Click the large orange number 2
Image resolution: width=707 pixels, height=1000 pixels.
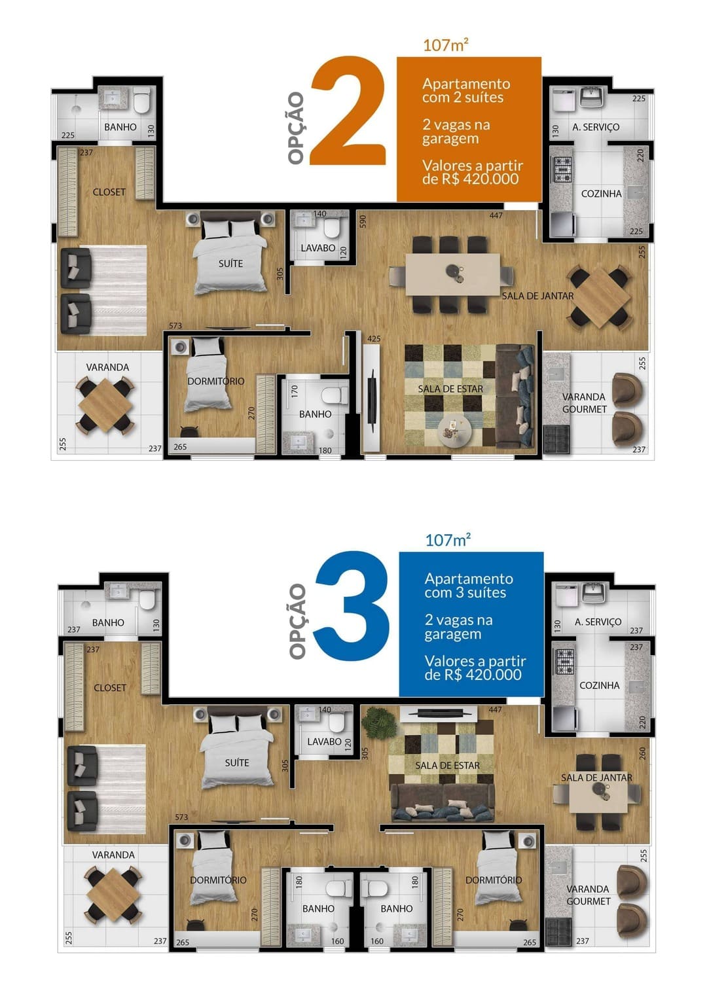348,110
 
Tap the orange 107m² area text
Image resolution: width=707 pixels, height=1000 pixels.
446,45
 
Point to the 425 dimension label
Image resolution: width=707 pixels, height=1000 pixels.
374,339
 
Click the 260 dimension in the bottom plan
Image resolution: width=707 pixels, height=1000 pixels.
642,754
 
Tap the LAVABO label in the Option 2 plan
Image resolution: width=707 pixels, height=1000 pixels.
318,248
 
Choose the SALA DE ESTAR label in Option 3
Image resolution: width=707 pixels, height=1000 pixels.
448,765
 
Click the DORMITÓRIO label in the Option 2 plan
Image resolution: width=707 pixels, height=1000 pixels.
216,382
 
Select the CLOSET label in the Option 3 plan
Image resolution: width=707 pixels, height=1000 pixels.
110,688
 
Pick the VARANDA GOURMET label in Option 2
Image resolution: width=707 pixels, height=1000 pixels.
584,403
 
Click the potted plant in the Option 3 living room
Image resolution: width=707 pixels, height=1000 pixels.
379,723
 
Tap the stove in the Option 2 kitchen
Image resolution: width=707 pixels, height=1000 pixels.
563,170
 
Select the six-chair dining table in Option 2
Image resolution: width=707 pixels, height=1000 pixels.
452,274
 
